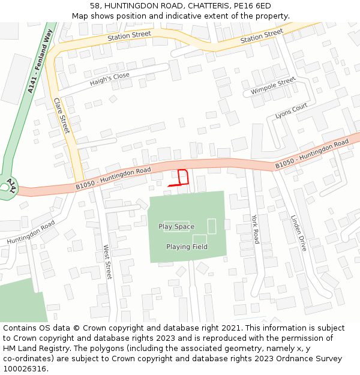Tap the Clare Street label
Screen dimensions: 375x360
62,116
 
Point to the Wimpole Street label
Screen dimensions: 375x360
273,85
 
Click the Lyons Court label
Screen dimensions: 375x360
291,110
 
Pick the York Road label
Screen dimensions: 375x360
256,229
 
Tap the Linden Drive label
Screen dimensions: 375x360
298,233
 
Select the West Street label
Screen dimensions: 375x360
108,262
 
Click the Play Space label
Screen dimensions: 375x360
176,226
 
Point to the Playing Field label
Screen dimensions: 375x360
187,247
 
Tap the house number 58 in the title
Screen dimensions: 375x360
95,5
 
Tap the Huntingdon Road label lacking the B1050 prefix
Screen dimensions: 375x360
31,232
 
